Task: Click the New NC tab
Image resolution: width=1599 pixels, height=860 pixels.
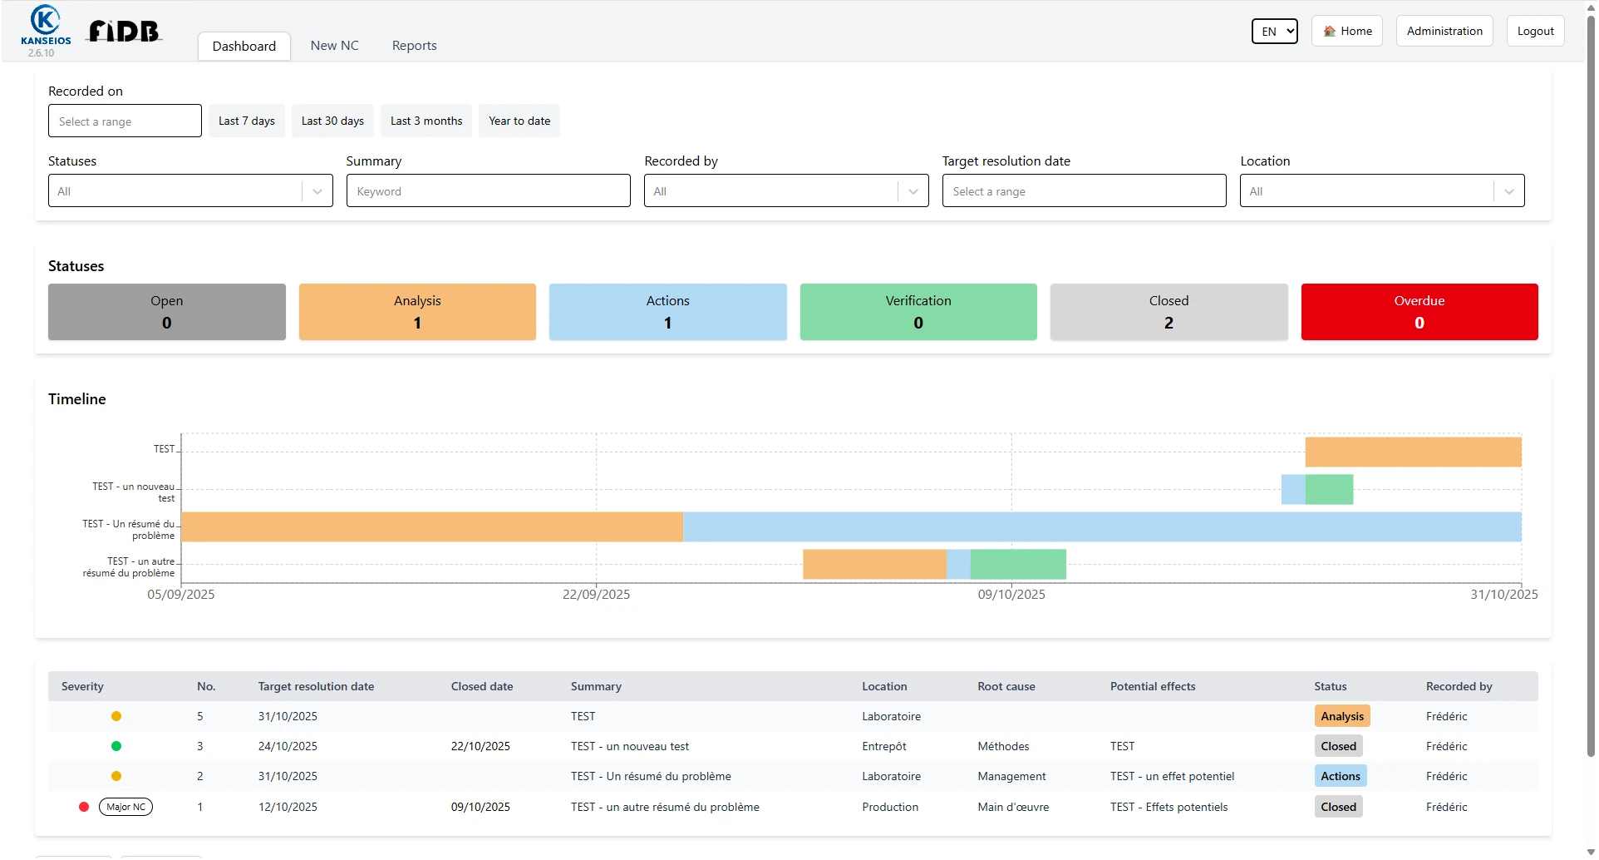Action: click(334, 46)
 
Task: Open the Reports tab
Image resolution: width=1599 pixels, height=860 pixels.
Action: click(414, 46)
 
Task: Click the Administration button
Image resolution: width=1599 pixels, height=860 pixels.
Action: click(1444, 31)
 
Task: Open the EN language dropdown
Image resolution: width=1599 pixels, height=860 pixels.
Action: click(1274, 32)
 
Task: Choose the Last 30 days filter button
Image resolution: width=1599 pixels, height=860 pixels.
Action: click(332, 121)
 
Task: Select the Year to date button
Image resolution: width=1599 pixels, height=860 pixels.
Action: click(519, 121)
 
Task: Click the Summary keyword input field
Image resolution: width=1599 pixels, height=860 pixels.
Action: click(488, 191)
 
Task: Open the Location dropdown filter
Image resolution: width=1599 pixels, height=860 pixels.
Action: click(1381, 191)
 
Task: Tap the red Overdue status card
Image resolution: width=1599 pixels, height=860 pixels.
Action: click(1419, 312)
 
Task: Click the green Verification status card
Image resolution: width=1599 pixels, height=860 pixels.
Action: click(918, 312)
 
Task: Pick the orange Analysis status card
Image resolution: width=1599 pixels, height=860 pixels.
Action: click(417, 312)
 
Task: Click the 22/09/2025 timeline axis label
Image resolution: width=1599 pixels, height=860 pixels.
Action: click(596, 595)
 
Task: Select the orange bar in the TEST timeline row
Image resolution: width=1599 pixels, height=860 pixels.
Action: click(1412, 452)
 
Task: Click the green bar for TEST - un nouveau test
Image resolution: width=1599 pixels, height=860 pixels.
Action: click(1328, 489)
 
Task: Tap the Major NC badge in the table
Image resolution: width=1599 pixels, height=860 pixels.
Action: click(125, 807)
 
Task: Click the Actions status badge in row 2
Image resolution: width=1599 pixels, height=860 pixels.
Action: click(1340, 776)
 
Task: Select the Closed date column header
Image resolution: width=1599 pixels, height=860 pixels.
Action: click(481, 686)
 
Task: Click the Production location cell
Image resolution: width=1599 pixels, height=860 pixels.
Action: click(889, 807)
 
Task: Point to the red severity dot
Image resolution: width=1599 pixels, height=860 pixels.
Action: click(84, 807)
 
